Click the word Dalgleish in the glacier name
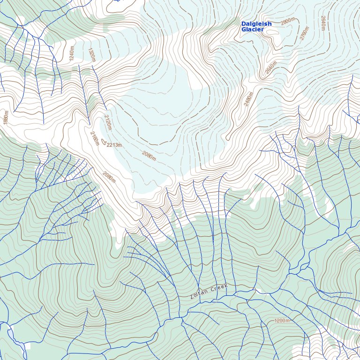256,24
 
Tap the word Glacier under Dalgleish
253,30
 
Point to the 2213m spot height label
114,145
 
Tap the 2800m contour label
288,22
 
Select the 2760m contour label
305,34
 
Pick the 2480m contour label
248,99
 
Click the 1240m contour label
72,53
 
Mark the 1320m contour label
92,54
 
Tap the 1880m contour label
6,117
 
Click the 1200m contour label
282,321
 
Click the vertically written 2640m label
323,22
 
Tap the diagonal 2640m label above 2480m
270,68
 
